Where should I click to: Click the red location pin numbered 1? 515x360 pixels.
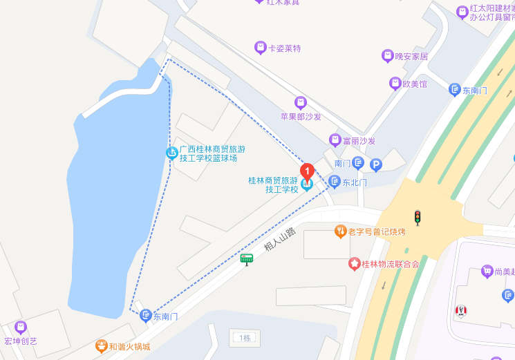306,171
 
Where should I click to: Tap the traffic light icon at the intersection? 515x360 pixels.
418,218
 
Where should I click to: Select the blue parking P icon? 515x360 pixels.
376,164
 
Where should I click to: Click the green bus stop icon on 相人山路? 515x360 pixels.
247,259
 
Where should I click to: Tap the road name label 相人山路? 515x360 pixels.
279,239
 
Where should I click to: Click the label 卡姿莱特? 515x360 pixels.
284,48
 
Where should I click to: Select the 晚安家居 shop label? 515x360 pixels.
411,57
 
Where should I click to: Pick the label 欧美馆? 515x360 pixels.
414,84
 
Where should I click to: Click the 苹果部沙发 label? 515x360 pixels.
300,117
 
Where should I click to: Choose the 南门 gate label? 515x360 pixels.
343,164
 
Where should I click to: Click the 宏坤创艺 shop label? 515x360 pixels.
21,341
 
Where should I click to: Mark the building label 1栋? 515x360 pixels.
244,338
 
